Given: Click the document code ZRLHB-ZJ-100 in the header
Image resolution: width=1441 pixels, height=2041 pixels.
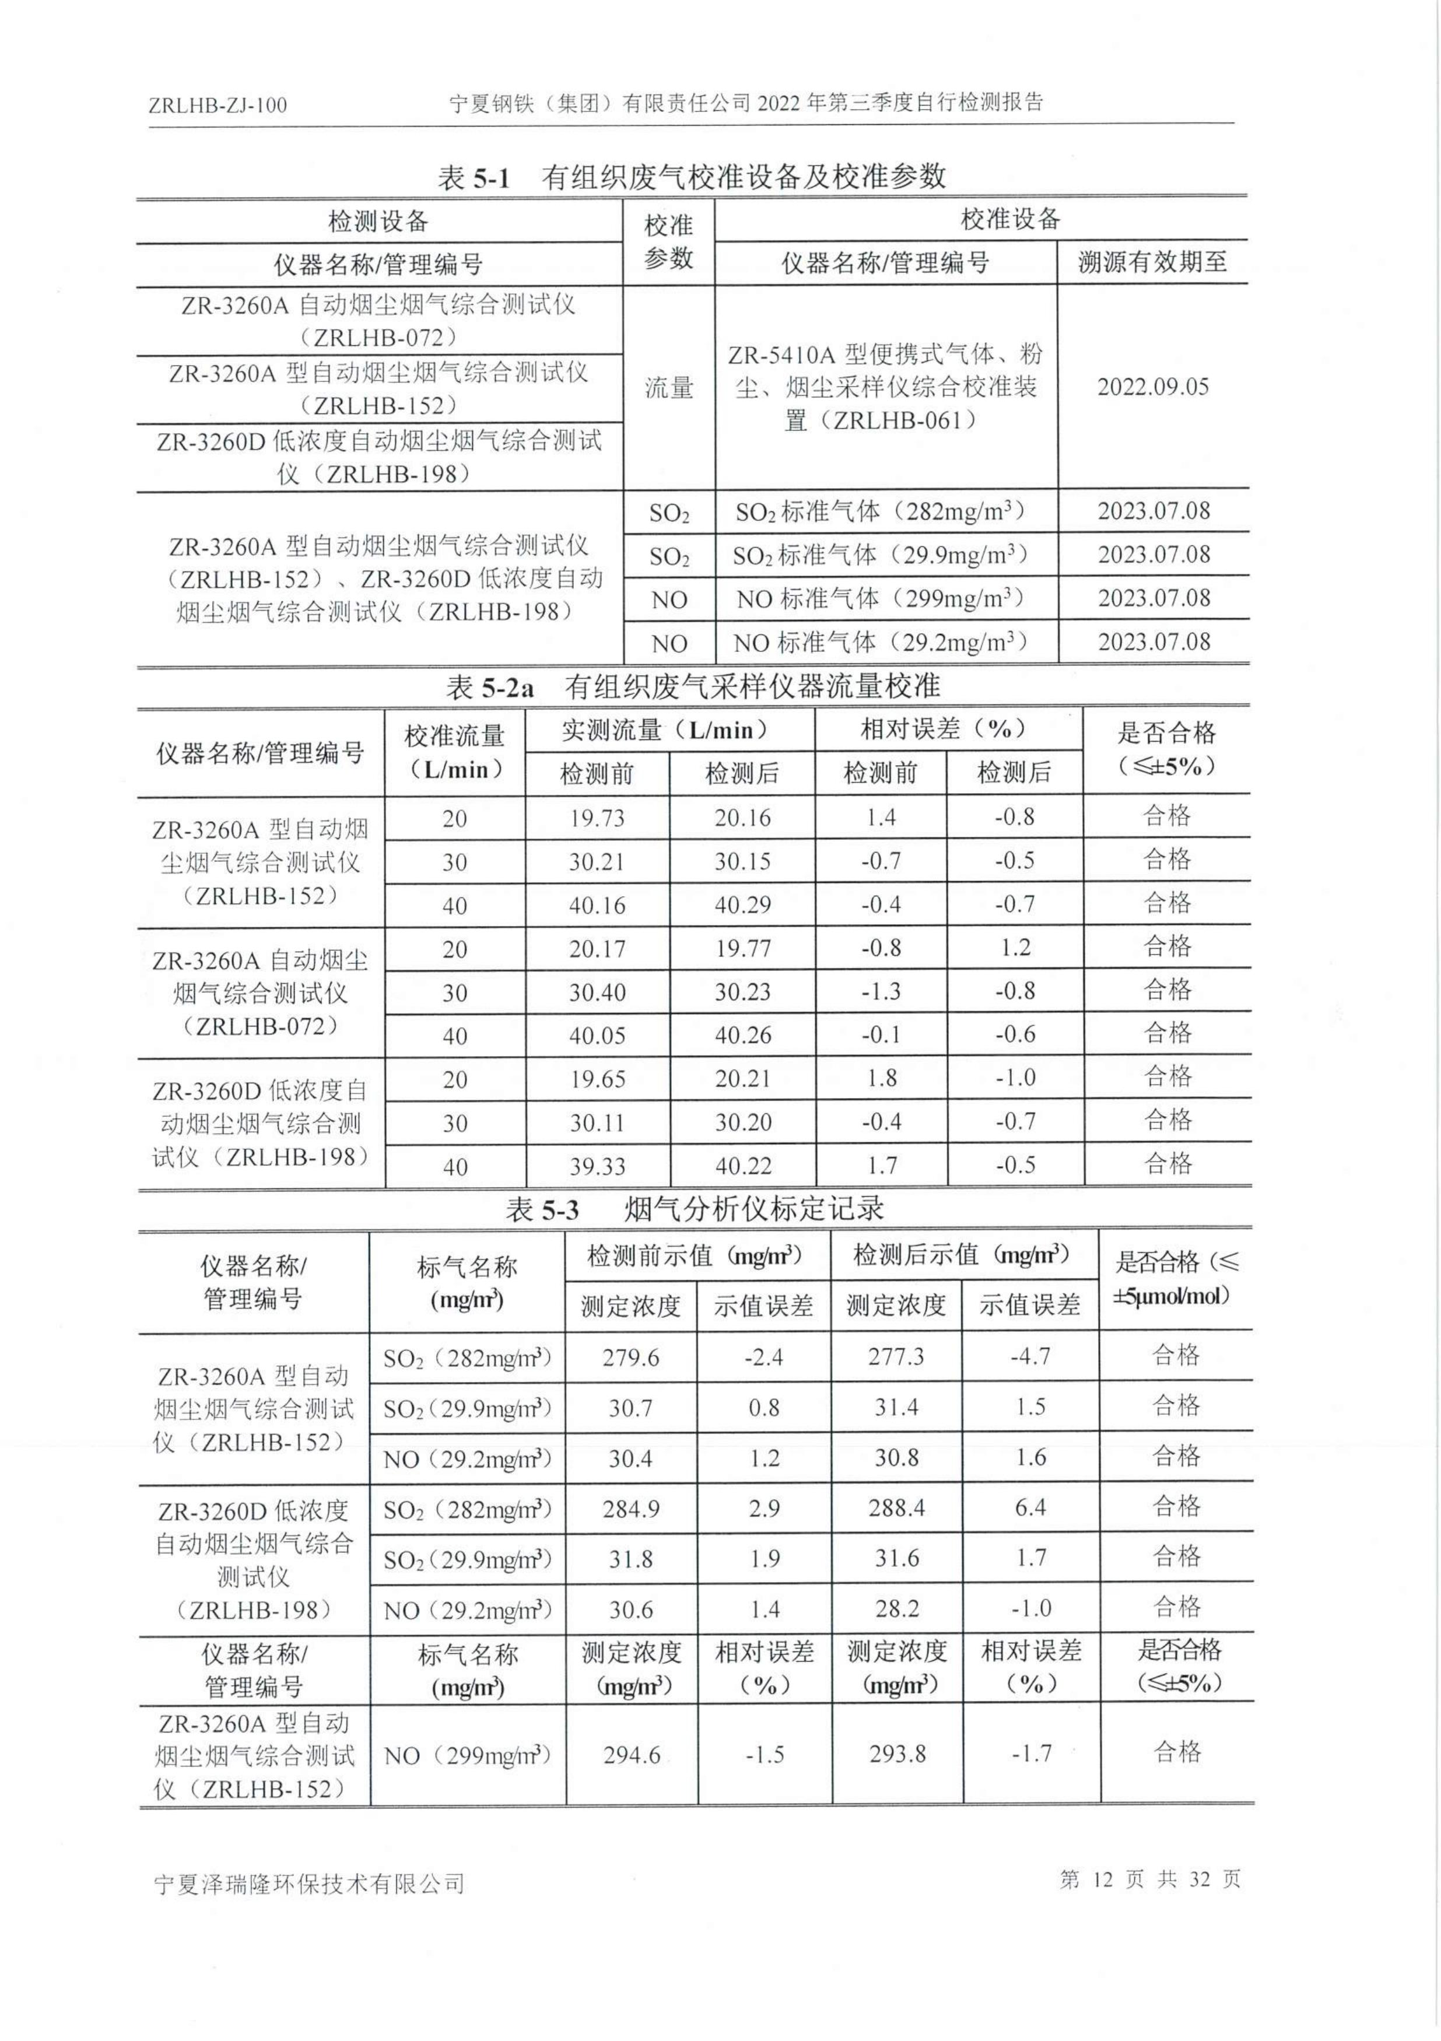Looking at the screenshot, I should (x=218, y=106).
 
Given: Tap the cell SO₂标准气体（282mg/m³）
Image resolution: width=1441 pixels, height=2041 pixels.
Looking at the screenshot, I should (x=880, y=512).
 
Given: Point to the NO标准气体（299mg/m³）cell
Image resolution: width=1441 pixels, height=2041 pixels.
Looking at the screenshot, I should (x=880, y=599).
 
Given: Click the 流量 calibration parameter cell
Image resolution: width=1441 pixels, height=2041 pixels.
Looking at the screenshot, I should (x=668, y=388).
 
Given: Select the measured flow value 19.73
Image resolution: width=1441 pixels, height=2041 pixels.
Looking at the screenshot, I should (x=597, y=818).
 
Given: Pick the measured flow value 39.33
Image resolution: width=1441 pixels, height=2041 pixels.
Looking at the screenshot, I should (x=597, y=1165).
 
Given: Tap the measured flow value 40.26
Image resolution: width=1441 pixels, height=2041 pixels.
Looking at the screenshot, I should (x=742, y=1034).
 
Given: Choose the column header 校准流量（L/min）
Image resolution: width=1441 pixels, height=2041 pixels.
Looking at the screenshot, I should (x=454, y=752).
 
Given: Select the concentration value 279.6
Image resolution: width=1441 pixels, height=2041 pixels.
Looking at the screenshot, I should (x=630, y=1358).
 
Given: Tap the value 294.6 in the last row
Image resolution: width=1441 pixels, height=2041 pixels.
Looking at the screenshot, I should (x=631, y=1754).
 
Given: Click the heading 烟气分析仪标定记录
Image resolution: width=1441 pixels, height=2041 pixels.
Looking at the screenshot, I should (x=754, y=1209).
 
